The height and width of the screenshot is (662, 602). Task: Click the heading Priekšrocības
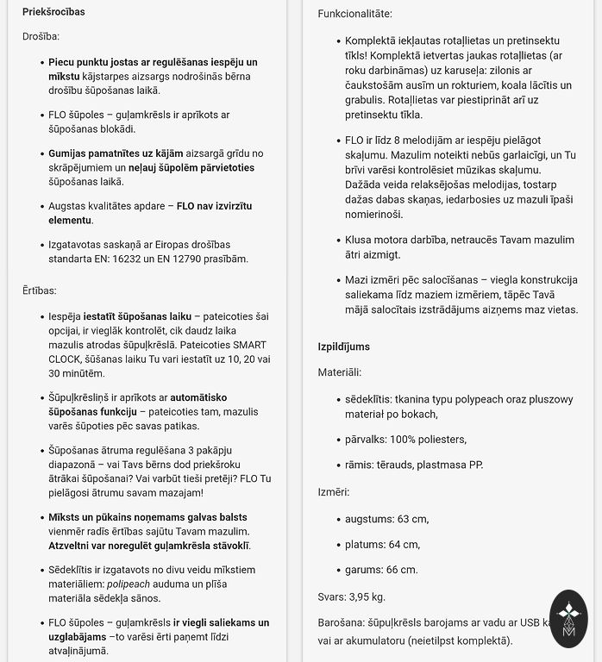pos(53,12)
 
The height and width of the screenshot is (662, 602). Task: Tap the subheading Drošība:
pos(41,37)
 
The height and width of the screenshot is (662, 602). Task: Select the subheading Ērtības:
pos(39,291)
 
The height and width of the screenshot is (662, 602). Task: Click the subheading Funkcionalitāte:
pos(354,14)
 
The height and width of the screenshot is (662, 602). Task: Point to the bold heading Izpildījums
pos(343,347)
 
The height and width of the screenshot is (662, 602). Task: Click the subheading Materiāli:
pos(339,372)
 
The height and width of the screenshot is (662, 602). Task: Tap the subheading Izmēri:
pos(334,492)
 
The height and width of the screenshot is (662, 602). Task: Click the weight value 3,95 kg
pos(367,596)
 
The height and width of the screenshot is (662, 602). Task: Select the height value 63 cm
pos(410,519)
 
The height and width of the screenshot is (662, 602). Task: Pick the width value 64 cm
pos(402,545)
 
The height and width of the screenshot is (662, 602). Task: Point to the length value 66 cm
pos(401,570)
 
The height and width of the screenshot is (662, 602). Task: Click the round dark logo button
pos(568,619)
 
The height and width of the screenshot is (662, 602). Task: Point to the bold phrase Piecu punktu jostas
pos(99,63)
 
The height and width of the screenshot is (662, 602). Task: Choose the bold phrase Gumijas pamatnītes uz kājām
pos(120,153)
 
